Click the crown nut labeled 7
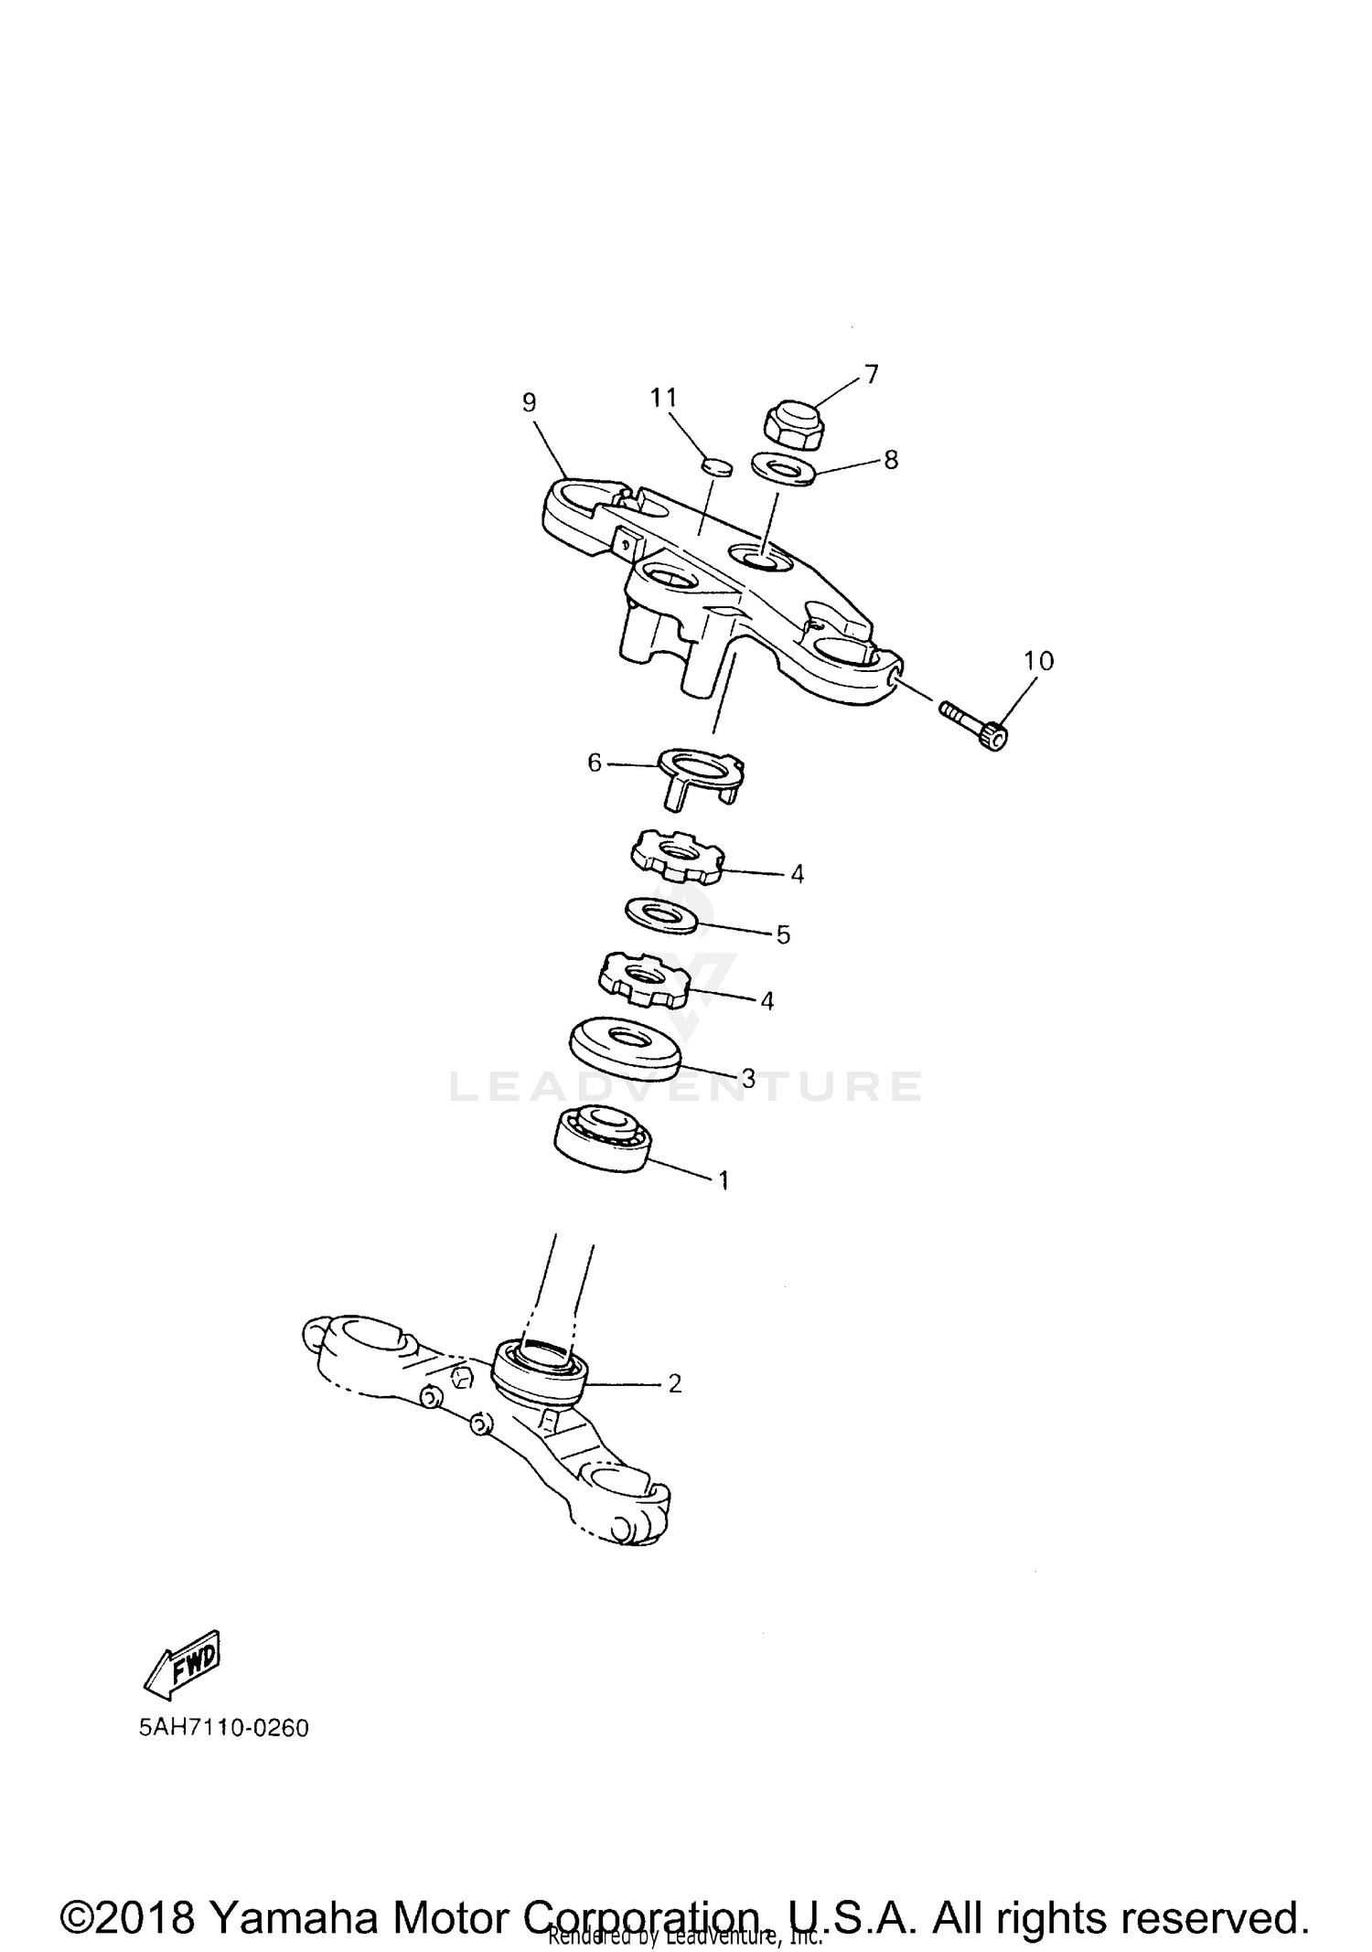791,425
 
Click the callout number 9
529,402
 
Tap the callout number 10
1038,660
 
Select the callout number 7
871,373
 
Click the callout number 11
664,398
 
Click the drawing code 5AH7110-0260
224,1729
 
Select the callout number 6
595,762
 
